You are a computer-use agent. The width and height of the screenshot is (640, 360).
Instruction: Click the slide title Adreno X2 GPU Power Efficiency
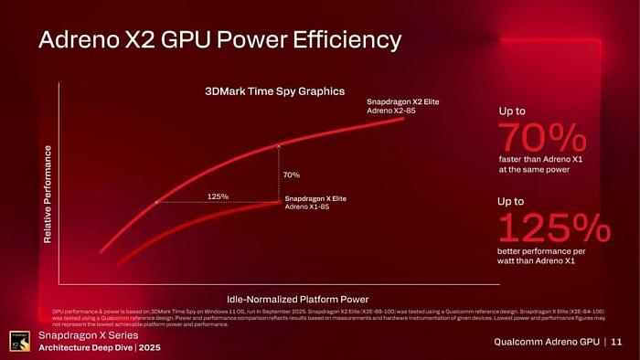pos(219,40)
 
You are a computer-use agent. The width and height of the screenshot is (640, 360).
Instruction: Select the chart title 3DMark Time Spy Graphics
pos(273,91)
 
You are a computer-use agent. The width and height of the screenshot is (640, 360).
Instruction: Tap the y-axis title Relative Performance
pos(47,194)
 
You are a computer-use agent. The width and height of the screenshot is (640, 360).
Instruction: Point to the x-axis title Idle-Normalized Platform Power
pos(297,299)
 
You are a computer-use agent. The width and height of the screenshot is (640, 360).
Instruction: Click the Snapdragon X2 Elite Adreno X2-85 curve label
pos(402,105)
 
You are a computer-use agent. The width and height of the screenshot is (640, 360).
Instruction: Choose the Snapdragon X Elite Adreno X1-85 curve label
pos(315,203)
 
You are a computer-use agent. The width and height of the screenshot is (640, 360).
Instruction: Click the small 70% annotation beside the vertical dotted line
pos(292,175)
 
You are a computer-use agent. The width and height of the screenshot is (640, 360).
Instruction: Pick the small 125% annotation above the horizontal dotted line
pos(218,196)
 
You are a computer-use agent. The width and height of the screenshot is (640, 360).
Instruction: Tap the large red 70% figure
pos(542,138)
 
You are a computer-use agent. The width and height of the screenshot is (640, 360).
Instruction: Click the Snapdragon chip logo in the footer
pos(18,340)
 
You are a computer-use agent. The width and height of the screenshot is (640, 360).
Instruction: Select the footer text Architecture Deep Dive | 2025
pos(101,348)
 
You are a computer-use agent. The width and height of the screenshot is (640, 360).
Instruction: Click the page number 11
pos(616,342)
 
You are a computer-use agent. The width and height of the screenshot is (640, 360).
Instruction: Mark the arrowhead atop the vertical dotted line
pos(279,144)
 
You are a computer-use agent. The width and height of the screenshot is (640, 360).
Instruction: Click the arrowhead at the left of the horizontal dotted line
pos(157,202)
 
